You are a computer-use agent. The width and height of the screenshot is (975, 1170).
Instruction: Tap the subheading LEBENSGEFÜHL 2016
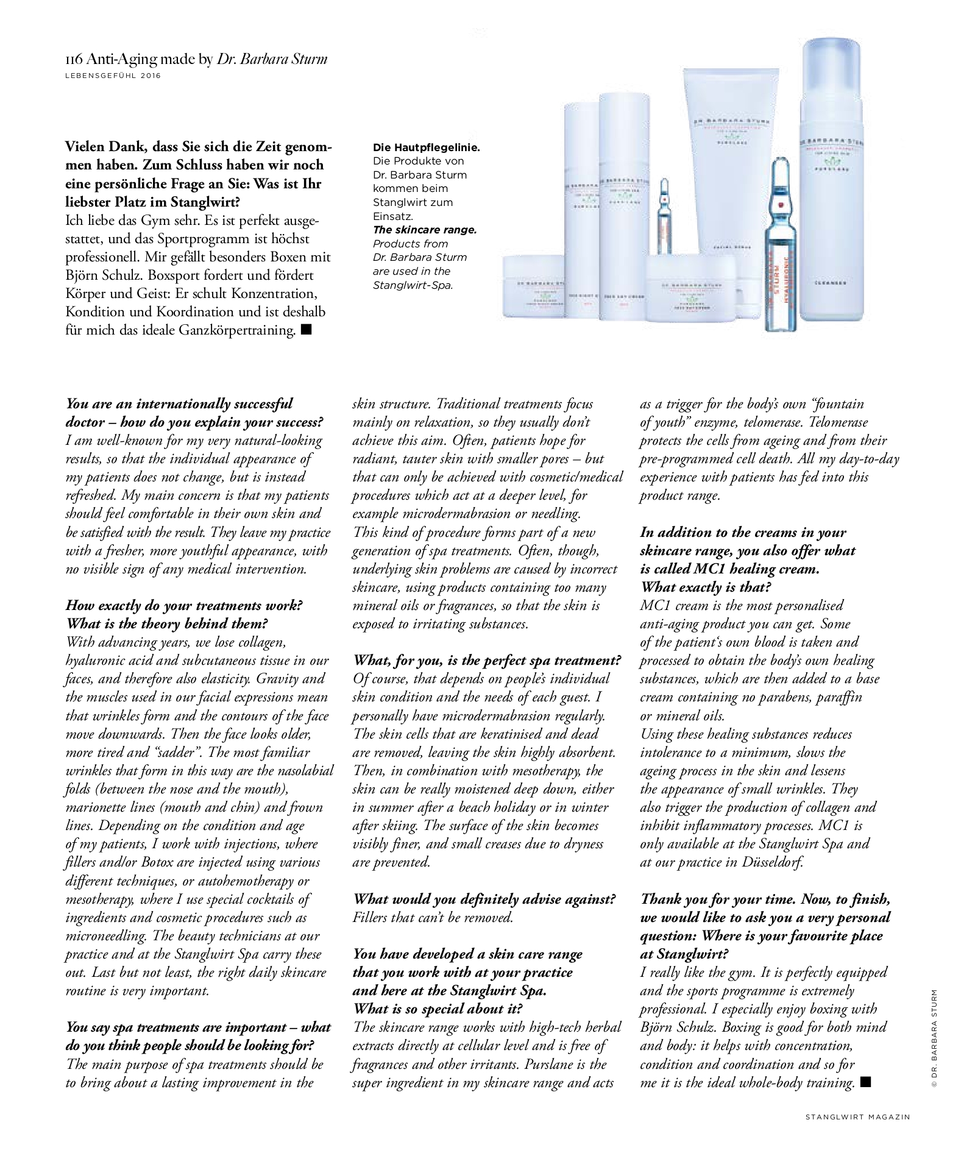[x=113, y=76]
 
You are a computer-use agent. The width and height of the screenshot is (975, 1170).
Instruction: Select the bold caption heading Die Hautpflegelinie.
[x=426, y=147]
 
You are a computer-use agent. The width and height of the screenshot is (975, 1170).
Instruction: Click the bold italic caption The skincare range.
[x=425, y=230]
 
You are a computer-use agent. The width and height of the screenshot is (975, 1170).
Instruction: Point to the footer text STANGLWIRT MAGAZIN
[x=857, y=1116]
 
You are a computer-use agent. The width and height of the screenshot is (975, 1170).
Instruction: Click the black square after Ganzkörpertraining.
[x=306, y=330]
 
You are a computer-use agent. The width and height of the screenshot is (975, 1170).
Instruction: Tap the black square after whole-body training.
[x=866, y=1082]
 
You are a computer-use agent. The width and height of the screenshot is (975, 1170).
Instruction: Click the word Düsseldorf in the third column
[x=772, y=862]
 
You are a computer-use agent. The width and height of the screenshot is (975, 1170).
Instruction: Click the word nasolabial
[x=302, y=770]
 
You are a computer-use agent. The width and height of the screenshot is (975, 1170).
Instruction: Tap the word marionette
[x=94, y=807]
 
